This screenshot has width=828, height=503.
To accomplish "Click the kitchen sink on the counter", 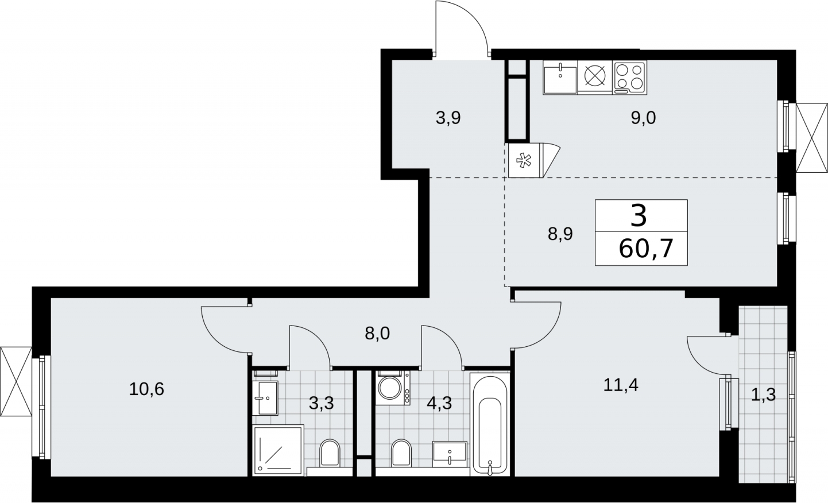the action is tap(560, 78).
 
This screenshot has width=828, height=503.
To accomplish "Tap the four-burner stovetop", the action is tap(630, 78).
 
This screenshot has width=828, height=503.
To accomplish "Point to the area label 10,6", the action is tap(146, 389).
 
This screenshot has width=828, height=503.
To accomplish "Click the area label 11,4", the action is tap(621, 385).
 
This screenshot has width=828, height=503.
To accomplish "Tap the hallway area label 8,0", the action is tap(377, 334).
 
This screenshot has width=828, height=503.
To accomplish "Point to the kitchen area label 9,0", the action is tap(643, 118).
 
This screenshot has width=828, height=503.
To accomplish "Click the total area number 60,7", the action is tap(645, 249).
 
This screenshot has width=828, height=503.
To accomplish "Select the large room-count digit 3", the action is tap(639, 216).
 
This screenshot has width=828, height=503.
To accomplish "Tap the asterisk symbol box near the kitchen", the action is tap(524, 160).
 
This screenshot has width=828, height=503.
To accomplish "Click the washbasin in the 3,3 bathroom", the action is tap(265, 398).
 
